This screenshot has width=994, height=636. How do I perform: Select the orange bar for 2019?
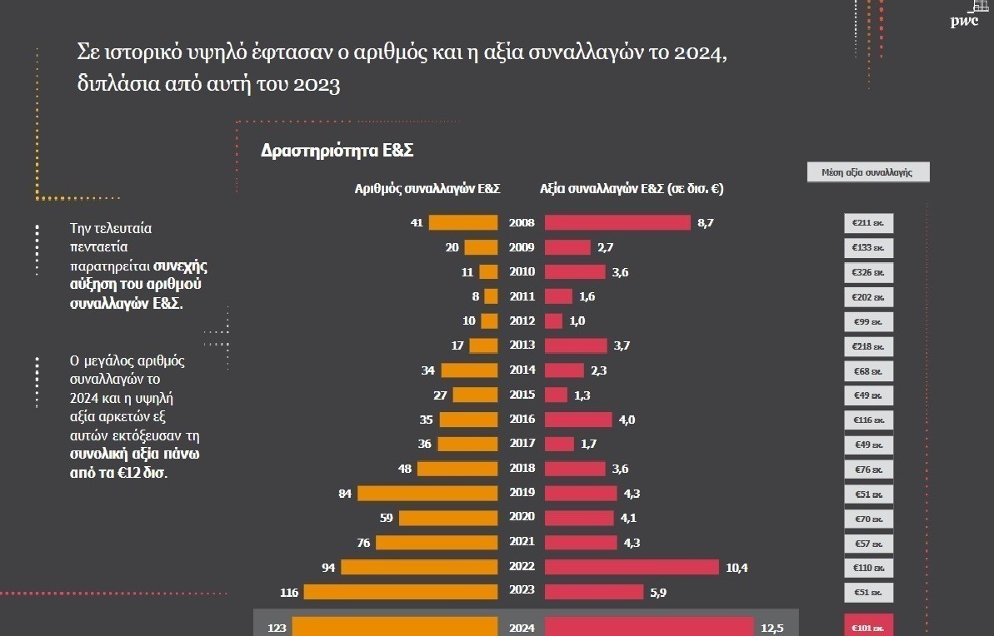[x=427, y=493]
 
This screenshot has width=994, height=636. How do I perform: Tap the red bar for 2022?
[x=632, y=567]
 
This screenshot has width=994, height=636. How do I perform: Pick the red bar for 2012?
[x=553, y=321]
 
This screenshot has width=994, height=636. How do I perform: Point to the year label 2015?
[x=522, y=395]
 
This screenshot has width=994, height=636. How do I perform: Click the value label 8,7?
[x=706, y=223]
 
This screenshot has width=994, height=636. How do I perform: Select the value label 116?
[x=289, y=592]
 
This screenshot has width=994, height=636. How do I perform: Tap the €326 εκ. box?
[x=868, y=272]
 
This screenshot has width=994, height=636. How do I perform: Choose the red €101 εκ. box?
[x=868, y=627]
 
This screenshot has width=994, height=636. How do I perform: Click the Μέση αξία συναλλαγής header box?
[x=867, y=172]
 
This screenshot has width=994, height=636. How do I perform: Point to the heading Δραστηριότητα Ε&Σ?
[x=337, y=152]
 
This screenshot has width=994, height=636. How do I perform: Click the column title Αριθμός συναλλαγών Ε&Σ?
[x=427, y=189]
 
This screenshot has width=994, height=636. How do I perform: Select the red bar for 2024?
[x=646, y=627]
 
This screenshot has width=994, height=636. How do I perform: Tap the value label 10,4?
[x=737, y=567]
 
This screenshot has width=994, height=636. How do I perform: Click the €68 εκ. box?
[x=868, y=370]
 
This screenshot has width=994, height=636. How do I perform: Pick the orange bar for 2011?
[x=491, y=296]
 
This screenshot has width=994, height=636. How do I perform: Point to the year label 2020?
[x=522, y=518]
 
